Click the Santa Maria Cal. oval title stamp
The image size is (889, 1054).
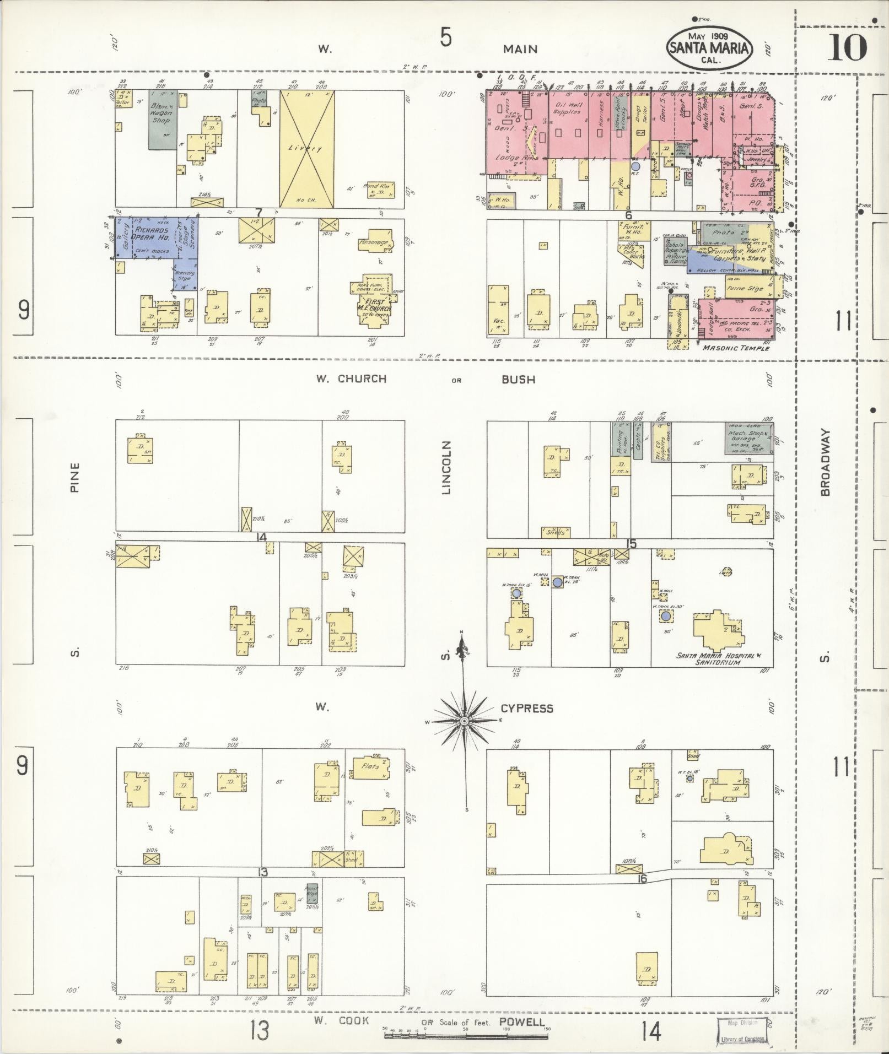coord(710,48)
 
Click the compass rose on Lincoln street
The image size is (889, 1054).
coord(465,721)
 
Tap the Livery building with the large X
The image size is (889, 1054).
coord(306,148)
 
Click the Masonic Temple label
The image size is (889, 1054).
coord(736,348)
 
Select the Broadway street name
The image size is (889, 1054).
coord(825,463)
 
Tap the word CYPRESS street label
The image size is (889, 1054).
coord(526,709)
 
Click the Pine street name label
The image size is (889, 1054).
coord(75,477)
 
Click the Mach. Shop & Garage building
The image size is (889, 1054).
coord(748,439)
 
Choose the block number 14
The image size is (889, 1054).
coord(261,538)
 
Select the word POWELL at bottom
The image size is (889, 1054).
coord(521,1023)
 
